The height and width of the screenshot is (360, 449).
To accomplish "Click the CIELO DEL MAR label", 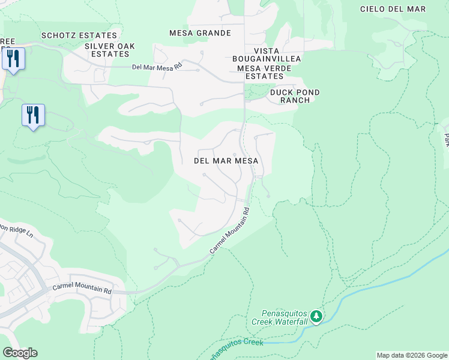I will [x=393, y=9].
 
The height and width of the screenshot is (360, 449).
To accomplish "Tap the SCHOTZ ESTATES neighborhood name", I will [x=79, y=36].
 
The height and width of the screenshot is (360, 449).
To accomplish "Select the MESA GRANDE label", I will [x=200, y=33].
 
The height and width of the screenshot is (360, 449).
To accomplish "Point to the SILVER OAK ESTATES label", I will [x=110, y=50].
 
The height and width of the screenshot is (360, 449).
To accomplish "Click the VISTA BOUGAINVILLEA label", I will [x=267, y=55].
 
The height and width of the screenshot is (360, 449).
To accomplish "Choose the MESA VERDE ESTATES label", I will [x=264, y=72].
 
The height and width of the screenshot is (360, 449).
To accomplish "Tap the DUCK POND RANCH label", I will [x=295, y=96].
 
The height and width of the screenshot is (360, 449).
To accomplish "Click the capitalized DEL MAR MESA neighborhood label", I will [x=226, y=161].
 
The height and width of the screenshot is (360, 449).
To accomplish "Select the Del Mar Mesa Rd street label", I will [x=157, y=67].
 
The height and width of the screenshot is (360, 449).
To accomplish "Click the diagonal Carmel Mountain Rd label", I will [x=229, y=230].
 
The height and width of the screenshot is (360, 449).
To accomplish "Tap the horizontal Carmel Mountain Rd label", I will [x=82, y=287].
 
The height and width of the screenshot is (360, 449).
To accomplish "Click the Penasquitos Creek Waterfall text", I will [x=284, y=317].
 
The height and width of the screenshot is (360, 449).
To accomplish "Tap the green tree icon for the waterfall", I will [x=317, y=316].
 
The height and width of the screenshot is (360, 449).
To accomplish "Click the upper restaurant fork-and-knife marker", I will [x=13, y=59].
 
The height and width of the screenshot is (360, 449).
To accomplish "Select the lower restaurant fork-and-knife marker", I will [x=33, y=115].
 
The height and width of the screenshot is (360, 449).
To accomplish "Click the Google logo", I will [x=20, y=353].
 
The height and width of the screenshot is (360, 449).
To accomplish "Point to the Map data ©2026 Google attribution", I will [x=411, y=355].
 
